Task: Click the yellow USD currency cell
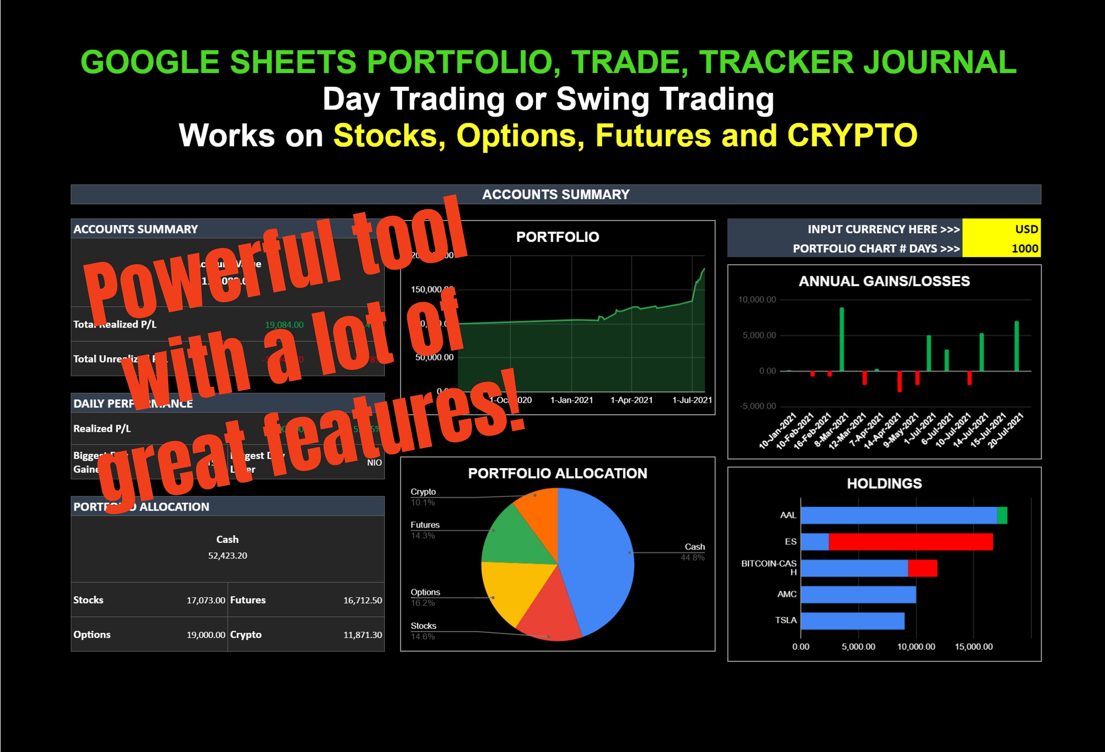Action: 1001,229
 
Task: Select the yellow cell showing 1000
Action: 1001,248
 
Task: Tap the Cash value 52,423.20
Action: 227,555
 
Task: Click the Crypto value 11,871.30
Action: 362,635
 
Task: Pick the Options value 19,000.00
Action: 206,635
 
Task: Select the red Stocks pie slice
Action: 547,613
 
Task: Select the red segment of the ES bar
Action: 911,542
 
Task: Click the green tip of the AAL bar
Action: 1002,515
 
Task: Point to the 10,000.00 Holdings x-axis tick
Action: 916,646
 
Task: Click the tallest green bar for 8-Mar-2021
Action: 842,339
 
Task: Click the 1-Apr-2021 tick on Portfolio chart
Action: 631,400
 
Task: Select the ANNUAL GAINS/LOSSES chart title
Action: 884,281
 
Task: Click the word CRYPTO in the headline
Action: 852,135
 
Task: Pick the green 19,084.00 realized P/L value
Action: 284,325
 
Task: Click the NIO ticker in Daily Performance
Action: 374,462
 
